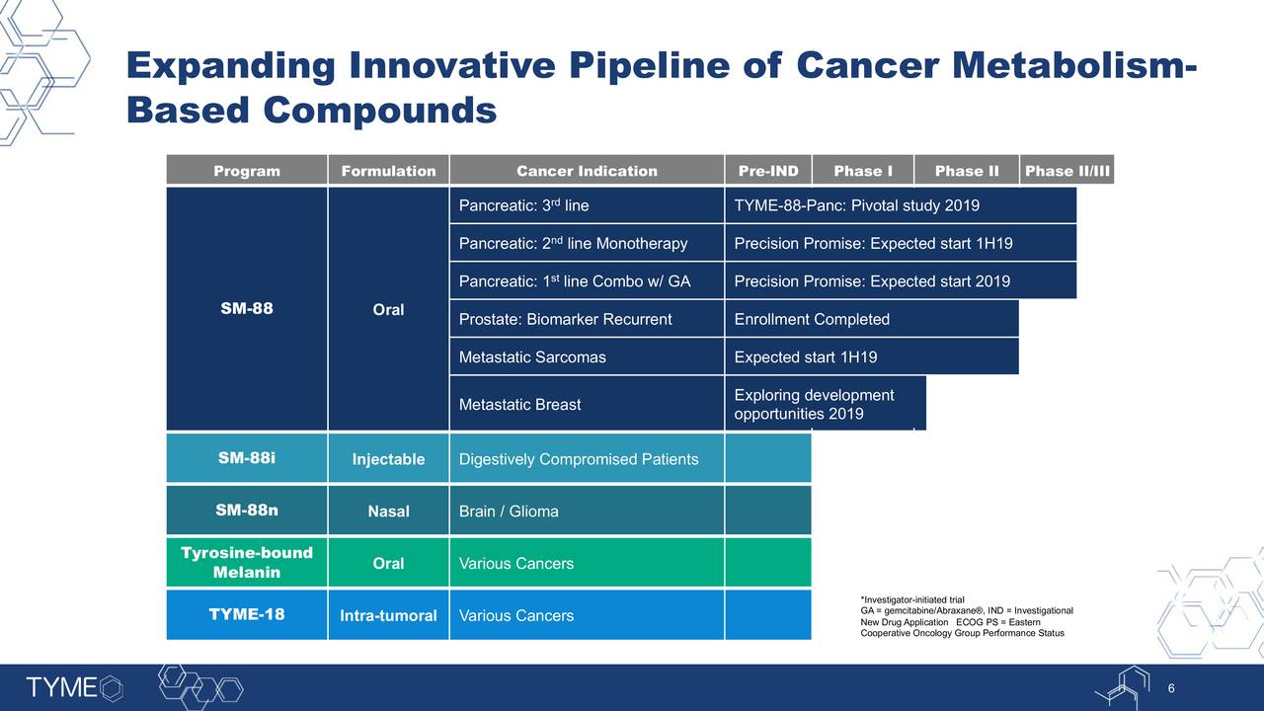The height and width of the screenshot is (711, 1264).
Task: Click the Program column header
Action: coord(247,170)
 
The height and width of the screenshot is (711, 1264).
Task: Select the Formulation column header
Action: coord(388,170)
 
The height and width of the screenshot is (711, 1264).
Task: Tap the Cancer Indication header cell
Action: coord(587,170)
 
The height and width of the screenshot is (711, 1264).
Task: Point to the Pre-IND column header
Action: coord(768,170)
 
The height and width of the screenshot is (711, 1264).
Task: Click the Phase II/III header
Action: coord(1067,170)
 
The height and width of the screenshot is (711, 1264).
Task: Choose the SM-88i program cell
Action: coord(247,457)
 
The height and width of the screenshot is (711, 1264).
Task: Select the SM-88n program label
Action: coord(247,511)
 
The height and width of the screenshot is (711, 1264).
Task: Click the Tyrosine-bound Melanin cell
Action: coord(247,562)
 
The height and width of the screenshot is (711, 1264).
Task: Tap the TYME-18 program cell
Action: coord(247,614)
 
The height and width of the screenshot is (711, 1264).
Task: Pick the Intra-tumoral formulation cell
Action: coord(388,614)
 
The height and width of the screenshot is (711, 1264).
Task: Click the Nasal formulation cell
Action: coord(388,511)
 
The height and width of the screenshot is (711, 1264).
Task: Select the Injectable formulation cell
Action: coord(388,457)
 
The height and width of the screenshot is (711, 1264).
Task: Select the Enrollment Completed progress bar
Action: coord(872,319)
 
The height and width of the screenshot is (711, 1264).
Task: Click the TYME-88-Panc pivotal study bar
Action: coord(901,204)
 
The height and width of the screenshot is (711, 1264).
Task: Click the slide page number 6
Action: coord(1171,688)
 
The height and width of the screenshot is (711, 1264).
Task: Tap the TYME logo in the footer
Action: coord(74,687)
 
